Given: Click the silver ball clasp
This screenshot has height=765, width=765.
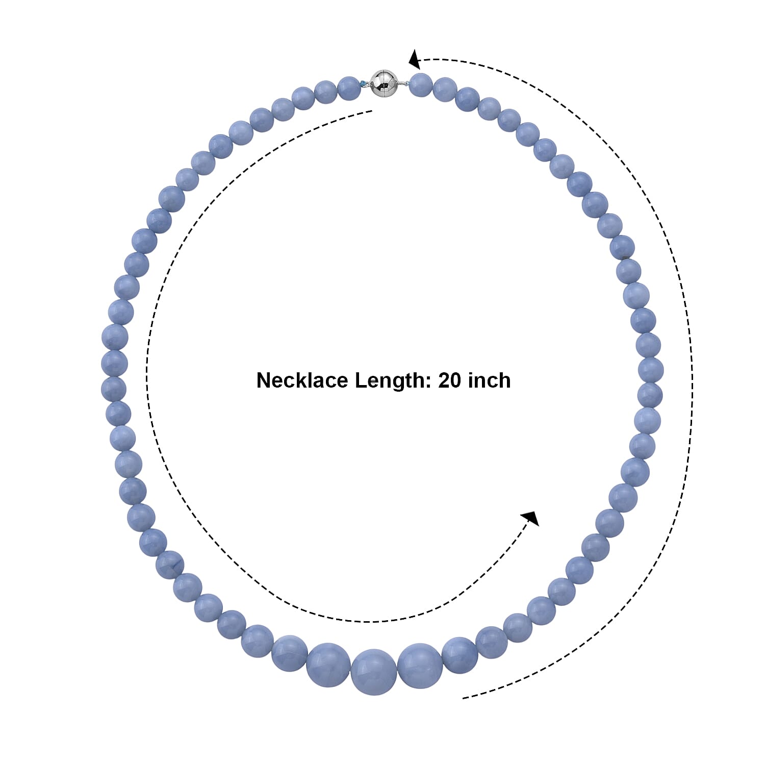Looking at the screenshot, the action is [x=384, y=84].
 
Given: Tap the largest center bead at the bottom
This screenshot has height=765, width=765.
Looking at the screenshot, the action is [x=374, y=672].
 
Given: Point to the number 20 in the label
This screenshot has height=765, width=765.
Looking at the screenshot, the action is [x=449, y=380].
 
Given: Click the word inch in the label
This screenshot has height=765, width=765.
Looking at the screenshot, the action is [x=489, y=380].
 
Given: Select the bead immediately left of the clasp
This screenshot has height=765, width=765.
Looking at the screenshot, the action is [x=349, y=88].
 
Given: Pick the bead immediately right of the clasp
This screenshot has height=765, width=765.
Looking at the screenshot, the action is [x=421, y=85].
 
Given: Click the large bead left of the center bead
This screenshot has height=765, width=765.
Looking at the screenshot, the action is [x=328, y=665].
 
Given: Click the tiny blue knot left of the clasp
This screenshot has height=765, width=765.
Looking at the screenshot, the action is [x=363, y=84].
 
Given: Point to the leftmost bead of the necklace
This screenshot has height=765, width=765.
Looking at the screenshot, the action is [x=114, y=337].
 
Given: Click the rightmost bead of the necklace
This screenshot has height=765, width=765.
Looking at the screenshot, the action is [x=651, y=370].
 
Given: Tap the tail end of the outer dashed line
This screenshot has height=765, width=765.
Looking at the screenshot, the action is [x=463, y=698].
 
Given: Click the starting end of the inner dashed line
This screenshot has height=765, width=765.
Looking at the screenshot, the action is [x=372, y=111].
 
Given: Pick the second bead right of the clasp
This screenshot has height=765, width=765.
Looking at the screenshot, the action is [x=445, y=89].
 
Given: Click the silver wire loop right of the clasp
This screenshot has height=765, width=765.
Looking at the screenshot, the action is [x=403, y=84].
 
